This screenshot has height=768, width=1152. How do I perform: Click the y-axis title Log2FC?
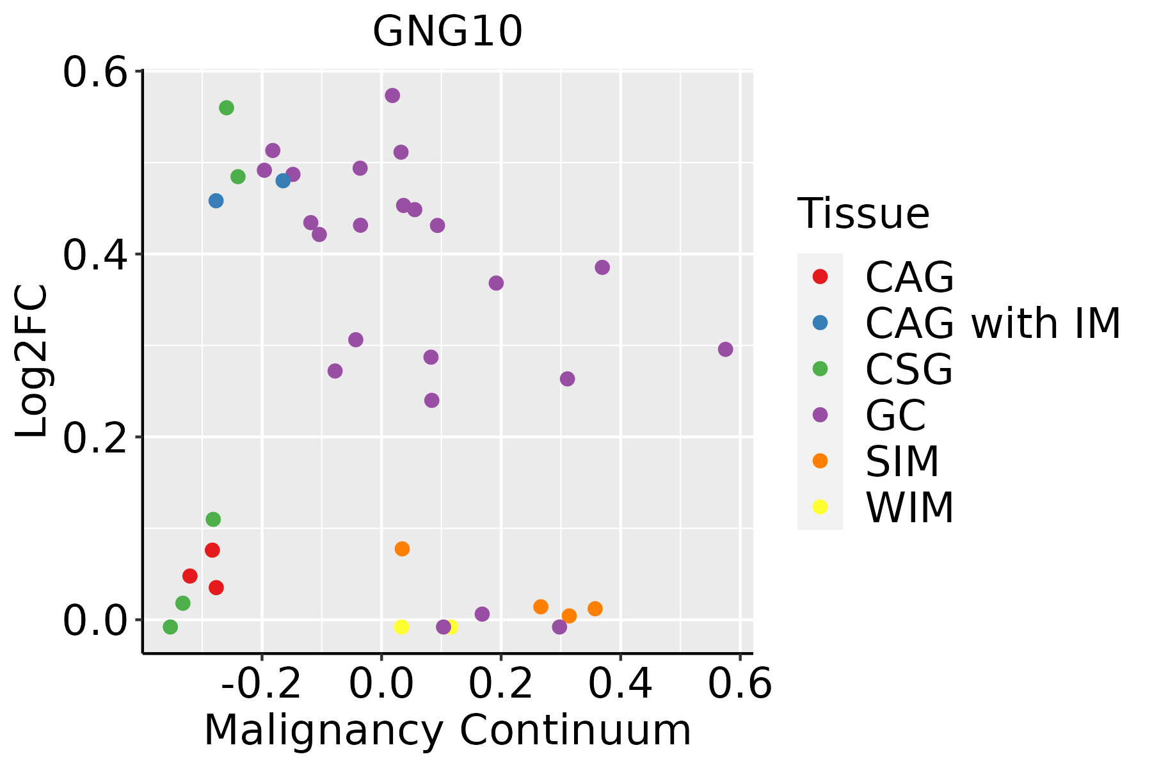tap(32, 362)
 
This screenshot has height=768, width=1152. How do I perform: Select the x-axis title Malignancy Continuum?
tap(447, 730)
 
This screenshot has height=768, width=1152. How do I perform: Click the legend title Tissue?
tap(863, 214)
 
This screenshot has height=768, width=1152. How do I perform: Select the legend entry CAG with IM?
tap(993, 323)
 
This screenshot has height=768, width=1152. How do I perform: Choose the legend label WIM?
tap(909, 508)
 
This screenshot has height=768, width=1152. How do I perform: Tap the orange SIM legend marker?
tap(820, 461)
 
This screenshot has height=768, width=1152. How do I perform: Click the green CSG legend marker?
tap(820, 369)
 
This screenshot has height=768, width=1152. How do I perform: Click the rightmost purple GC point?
tap(725, 349)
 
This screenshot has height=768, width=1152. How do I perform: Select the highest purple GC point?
tap(392, 95)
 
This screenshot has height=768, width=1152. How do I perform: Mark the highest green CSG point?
tap(227, 108)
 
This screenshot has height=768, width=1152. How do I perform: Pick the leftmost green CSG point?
tap(170, 627)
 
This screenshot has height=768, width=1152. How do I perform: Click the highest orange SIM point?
tap(402, 548)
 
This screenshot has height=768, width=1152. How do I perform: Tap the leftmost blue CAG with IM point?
tap(216, 201)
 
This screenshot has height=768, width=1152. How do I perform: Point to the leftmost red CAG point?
tap(189, 576)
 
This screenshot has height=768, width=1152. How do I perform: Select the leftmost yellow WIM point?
tap(401, 627)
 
